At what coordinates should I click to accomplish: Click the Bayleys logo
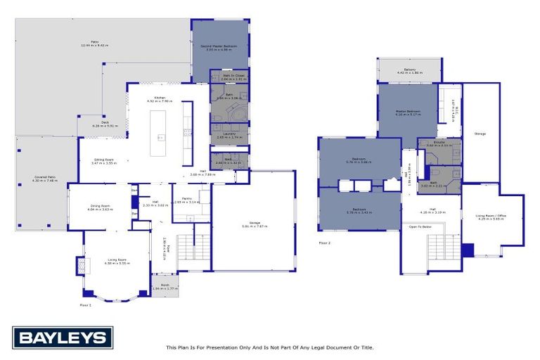tap(62, 337)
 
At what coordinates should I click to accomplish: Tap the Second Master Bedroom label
tap(221, 47)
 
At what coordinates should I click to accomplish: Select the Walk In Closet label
tap(233, 76)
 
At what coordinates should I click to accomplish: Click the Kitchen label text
tap(160, 98)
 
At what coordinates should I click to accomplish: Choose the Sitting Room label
tap(104, 161)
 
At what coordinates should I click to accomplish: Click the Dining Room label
tap(99, 207)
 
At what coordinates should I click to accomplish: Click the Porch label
tap(165, 285)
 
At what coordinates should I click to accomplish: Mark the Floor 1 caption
tap(86, 305)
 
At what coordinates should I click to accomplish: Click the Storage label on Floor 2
tap(480, 133)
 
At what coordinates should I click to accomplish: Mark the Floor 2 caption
tap(325, 243)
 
